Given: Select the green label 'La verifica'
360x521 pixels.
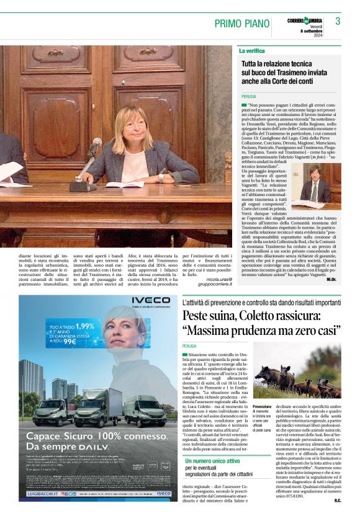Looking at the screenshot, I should [x=251, y=50].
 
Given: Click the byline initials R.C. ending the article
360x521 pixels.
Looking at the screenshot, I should [x=336, y=499].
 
